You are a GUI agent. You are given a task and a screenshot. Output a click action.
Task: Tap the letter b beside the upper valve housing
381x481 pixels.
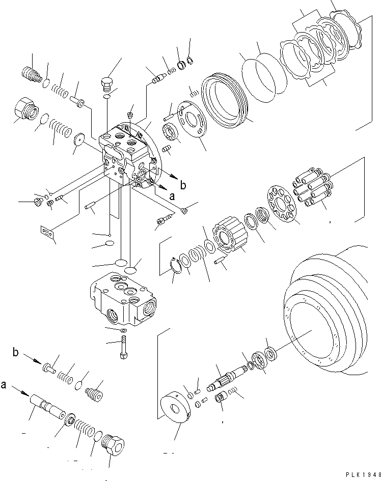click(x=183, y=185)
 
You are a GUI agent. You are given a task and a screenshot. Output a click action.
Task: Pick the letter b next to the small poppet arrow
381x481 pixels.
click(x=16, y=352)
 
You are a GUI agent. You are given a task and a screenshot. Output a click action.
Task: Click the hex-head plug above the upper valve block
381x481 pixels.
click(x=106, y=83)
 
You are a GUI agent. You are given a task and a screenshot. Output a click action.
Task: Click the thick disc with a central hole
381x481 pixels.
click(x=176, y=409)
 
